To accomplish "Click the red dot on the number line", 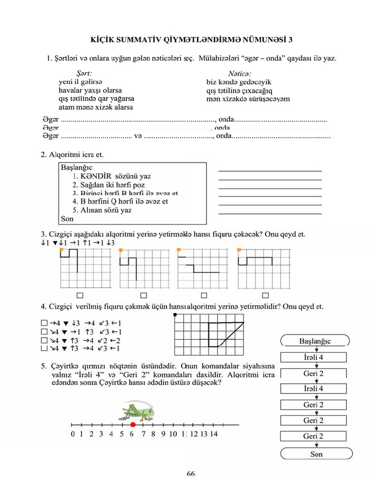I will (133, 425).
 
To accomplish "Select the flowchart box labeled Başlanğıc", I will (315, 341).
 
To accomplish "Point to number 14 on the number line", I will (213, 434).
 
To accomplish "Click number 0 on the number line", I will (73, 434).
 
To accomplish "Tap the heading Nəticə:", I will (228, 73).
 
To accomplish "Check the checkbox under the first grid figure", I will (80, 295).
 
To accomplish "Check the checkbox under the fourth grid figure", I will (265, 295).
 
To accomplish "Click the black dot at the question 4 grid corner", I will (175, 315).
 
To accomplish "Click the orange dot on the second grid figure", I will (120, 249).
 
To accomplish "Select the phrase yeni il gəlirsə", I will (81, 82).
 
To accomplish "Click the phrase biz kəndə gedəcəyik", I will (235, 82).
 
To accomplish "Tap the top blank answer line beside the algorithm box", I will (270, 171).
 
